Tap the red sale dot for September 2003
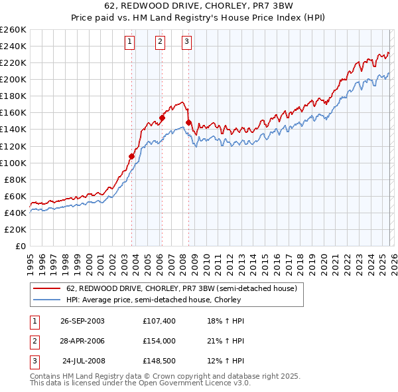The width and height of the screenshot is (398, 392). pyautogui.click(x=131, y=156)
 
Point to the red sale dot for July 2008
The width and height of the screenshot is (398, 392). pyautogui.click(x=188, y=122)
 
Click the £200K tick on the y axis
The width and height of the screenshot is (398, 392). pyautogui.click(x=13, y=79)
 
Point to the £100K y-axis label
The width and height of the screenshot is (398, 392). pyautogui.click(x=13, y=163)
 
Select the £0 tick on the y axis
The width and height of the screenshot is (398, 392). pyautogui.click(x=19, y=246)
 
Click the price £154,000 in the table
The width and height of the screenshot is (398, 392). pyautogui.click(x=158, y=341)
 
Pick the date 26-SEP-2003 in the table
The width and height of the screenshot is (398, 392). pyautogui.click(x=82, y=320)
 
